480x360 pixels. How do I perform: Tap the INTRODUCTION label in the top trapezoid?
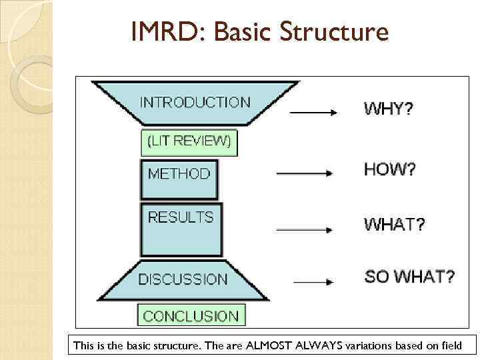coord(195,103)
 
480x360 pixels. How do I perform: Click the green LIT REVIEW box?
coord(189,141)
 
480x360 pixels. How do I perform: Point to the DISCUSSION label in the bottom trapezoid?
coord(183,279)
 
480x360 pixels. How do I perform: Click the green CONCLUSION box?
coord(191,315)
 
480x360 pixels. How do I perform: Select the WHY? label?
coord(388,108)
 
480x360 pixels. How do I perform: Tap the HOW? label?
coord(389,169)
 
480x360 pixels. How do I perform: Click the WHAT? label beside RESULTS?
coord(394,225)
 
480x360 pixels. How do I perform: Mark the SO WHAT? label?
coord(409,276)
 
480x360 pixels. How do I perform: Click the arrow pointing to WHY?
coord(313,113)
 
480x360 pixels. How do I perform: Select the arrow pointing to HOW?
coord(304,174)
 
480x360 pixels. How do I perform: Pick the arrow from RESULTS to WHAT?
coord(304,230)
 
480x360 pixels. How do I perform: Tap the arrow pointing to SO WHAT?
coord(313,283)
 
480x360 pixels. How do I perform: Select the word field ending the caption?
coord(461,345)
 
